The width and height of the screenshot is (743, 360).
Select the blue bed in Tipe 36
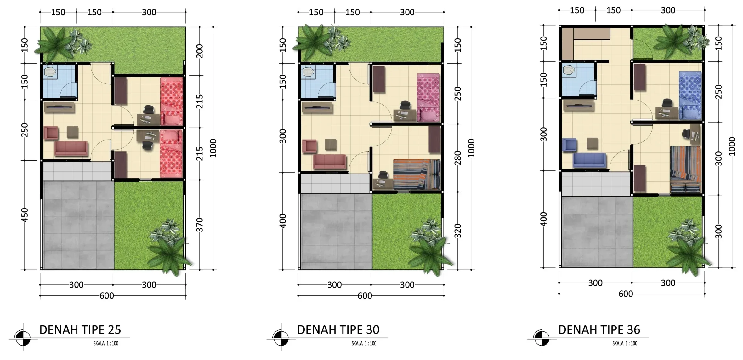(690, 95)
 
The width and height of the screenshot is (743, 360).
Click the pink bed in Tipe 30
(428, 98)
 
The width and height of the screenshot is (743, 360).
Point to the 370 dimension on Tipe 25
(200, 225)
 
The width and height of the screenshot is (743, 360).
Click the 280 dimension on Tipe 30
(458, 158)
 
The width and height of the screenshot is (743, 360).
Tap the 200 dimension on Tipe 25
(200, 51)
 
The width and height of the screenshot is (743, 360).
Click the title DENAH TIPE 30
(338, 329)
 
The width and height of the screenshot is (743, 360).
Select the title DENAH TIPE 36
(599, 329)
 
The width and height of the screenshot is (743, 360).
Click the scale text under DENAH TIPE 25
(106, 343)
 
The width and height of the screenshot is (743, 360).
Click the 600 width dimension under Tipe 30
(365, 296)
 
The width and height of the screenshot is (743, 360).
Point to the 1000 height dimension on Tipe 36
(732, 146)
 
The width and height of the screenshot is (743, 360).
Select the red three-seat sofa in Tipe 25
(71, 148)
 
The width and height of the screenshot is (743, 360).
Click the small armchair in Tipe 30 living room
(309, 146)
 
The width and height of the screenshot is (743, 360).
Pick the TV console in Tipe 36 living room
(579, 106)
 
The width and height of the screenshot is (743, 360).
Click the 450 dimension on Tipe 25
(25, 215)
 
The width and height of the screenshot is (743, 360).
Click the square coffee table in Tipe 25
(72, 132)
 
